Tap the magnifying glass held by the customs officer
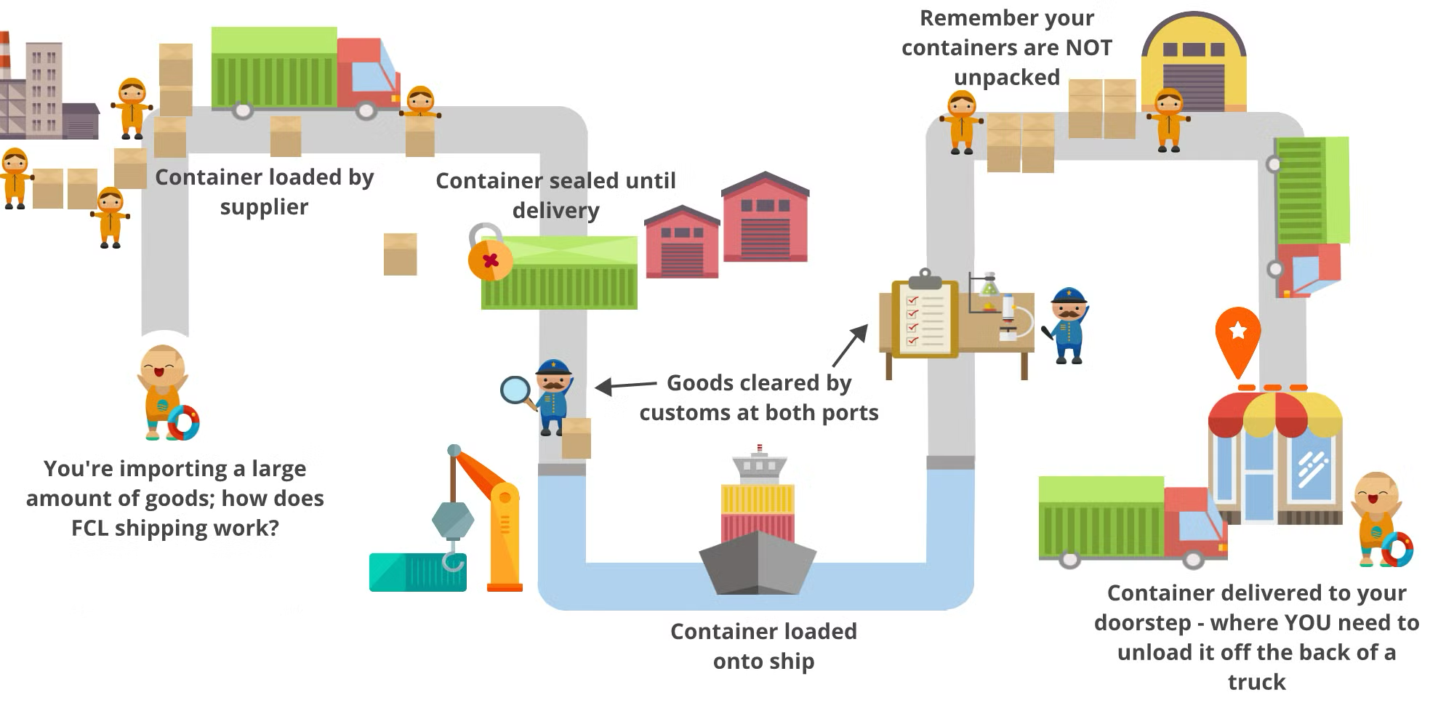coord(516,390)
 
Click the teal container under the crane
coord(417,572)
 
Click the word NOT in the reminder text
coord(1088,48)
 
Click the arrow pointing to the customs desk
coord(850,345)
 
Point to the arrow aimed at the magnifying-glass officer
coord(625,385)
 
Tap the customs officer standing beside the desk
coord(1067,325)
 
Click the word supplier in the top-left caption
coord(264,207)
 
